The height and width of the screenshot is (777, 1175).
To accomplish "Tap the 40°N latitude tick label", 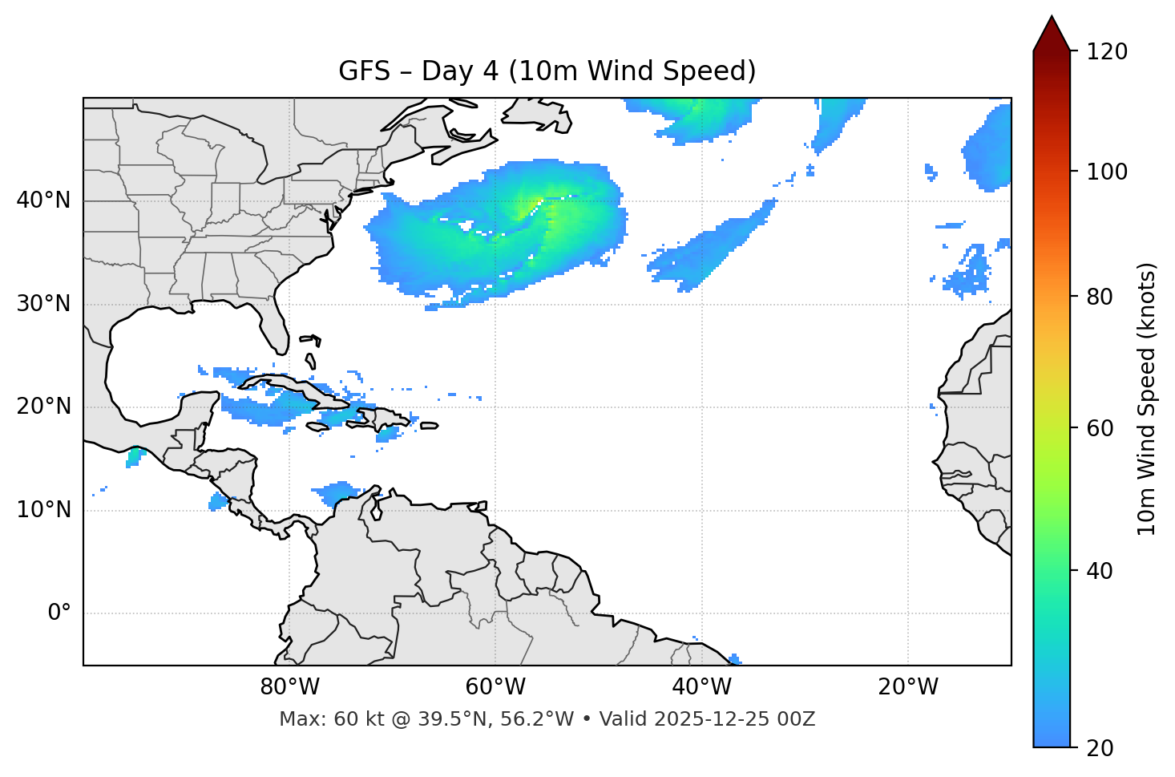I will tap(43, 200).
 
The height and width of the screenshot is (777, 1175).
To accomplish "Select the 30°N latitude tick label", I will tap(43, 304).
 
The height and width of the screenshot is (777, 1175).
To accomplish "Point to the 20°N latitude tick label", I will tap(43, 407).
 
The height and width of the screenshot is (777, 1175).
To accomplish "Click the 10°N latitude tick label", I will tap(43, 510).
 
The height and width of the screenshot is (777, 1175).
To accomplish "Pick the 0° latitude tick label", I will tap(59, 613).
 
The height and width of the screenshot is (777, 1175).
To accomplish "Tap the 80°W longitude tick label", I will tap(289, 687).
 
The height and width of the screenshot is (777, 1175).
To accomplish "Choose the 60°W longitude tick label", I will tap(495, 687).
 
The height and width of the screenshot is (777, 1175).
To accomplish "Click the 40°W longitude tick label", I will tap(701, 687).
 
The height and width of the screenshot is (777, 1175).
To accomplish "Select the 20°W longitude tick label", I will tap(907, 687).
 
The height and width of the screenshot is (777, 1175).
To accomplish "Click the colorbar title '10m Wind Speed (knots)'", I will tap(1147, 399).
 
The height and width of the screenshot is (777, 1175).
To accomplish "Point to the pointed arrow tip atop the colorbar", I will tap(1052, 18).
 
